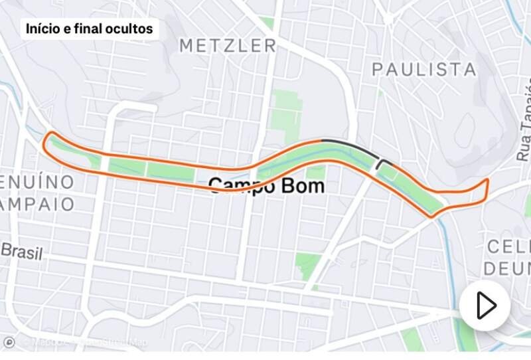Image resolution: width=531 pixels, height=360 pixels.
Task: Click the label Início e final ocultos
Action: point(90,29)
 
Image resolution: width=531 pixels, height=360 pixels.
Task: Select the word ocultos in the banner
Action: point(131,29)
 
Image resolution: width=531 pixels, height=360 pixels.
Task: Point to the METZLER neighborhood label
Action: point(228,46)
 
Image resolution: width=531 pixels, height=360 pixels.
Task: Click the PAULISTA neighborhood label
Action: point(424,69)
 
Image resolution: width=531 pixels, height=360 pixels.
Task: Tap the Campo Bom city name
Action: point(267,185)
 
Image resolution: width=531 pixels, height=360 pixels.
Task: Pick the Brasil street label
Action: point(21,252)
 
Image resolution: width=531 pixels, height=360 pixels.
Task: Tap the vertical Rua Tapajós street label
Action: point(524,120)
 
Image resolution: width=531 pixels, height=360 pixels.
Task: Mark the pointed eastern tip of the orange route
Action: point(488,180)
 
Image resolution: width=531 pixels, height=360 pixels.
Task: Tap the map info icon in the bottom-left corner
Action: point(9,343)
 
